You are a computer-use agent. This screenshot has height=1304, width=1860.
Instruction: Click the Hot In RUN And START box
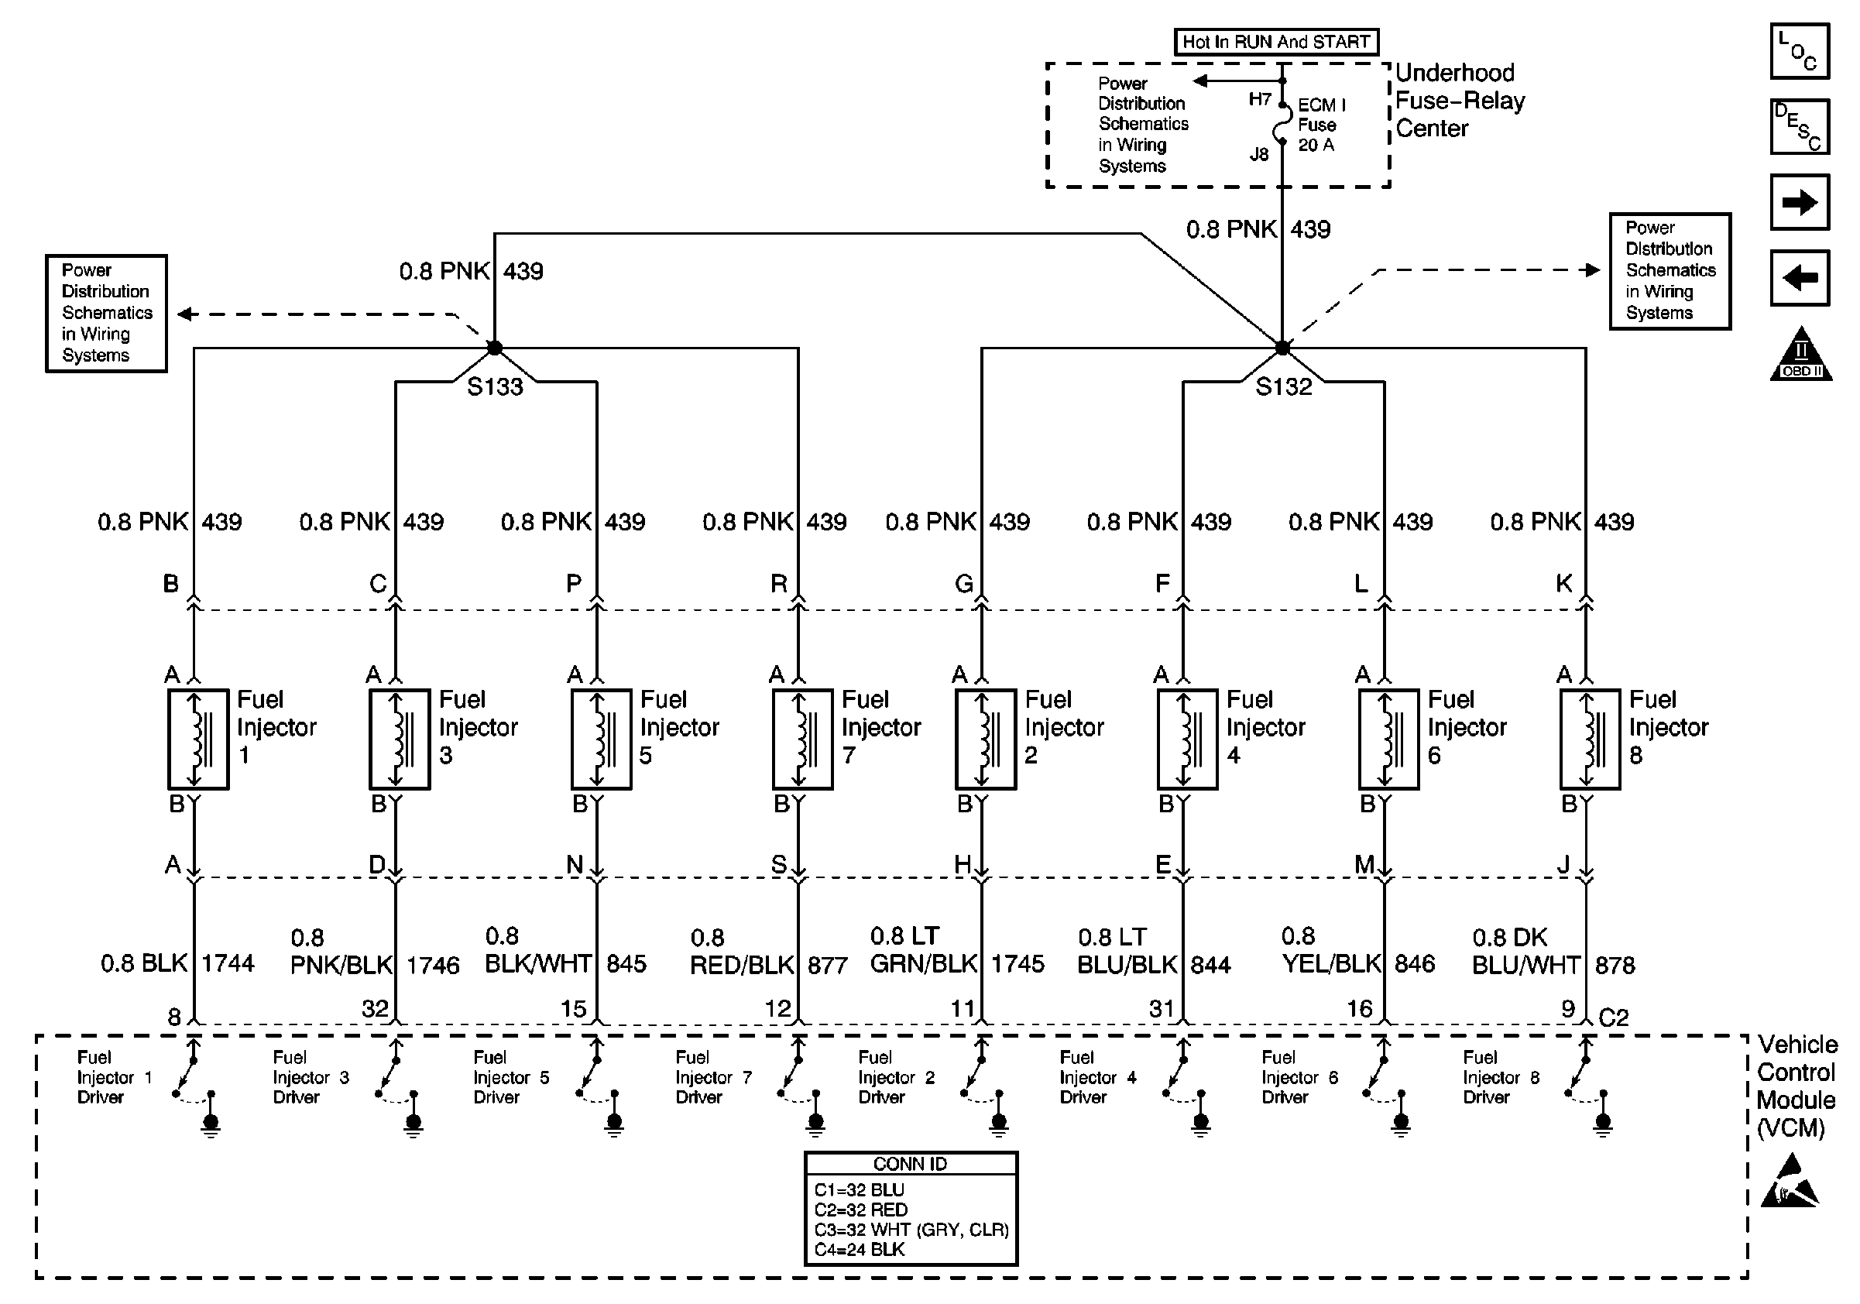[x=1276, y=42]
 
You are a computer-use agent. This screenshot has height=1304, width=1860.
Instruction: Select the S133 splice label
[x=495, y=387]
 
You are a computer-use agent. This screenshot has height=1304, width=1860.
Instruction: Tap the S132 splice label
[x=1283, y=387]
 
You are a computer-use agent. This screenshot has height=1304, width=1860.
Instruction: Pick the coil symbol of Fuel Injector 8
[x=1591, y=739]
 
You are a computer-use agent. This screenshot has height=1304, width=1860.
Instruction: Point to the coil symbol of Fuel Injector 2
[x=985, y=739]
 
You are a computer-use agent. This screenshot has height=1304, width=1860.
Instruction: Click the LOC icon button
[x=1800, y=51]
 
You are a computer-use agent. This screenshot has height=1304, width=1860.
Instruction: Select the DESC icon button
[x=1800, y=126]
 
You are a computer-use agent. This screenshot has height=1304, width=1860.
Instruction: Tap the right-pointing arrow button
[x=1800, y=201]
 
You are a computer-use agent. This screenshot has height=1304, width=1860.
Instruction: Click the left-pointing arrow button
[x=1800, y=278]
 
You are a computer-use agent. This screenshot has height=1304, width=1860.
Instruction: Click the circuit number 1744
[x=228, y=963]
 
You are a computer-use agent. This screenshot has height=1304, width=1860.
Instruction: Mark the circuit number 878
[x=1615, y=965]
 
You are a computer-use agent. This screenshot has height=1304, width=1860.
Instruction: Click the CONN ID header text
[x=910, y=1164]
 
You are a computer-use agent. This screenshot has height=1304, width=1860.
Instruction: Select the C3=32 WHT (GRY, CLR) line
[x=911, y=1230]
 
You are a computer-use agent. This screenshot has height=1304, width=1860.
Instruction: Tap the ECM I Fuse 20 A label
[x=1320, y=125]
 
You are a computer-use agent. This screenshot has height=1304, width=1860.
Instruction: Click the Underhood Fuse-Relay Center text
[x=1460, y=101]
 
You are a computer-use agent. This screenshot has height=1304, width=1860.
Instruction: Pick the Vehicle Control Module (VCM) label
[x=1796, y=1086]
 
